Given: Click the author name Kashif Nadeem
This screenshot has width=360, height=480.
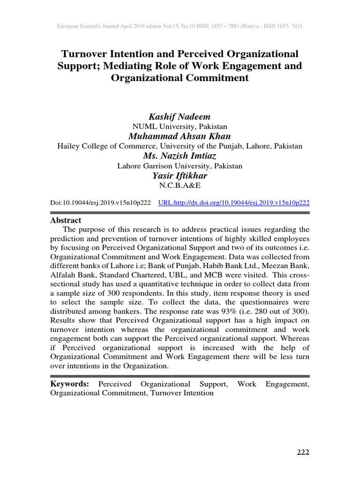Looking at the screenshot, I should [180, 116].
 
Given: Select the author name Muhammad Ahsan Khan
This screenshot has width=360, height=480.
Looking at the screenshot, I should [180, 136].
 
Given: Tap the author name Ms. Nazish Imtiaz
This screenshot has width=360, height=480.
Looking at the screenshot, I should [180, 156].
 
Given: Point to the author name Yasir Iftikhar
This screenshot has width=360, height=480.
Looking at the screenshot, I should [180, 175].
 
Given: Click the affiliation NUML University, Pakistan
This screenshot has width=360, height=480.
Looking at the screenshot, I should [180, 126].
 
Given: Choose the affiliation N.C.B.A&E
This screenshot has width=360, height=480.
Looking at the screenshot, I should [180, 186].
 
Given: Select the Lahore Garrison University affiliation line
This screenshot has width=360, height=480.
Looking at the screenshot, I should [180, 166].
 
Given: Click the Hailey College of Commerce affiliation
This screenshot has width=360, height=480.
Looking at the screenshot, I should [180, 146].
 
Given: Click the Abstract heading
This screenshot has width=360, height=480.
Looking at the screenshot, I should [66, 220].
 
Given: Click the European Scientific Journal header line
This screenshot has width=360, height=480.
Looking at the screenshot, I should [180, 26].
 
